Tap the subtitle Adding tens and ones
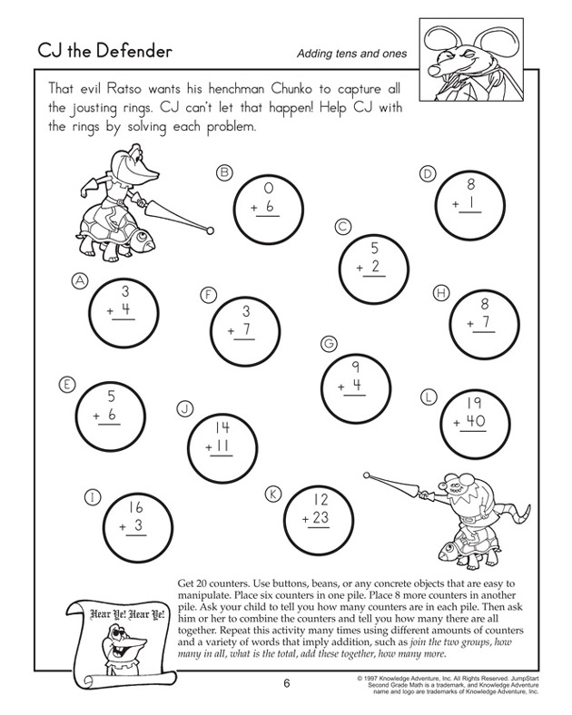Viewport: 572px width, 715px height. click(x=350, y=54)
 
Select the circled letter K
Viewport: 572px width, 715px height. click(x=271, y=493)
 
